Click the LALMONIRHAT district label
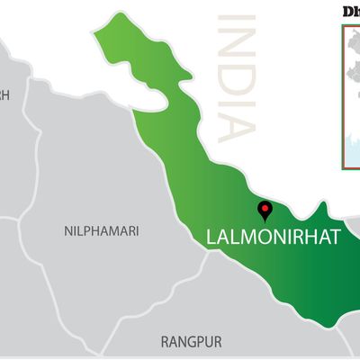[274, 238]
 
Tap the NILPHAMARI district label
[102, 231]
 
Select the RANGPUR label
[191, 342]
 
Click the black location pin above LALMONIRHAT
[265, 211]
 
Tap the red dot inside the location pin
[265, 208]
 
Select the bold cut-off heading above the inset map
[351, 11]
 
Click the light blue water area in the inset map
[352, 144]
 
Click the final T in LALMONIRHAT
[335, 238]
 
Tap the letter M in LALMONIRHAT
[245, 238]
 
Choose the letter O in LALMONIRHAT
[260, 238]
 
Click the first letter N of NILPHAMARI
[69, 231]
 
